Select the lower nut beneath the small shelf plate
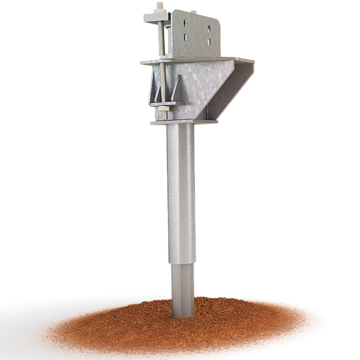click(162, 110)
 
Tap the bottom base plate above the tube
click(181, 121)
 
